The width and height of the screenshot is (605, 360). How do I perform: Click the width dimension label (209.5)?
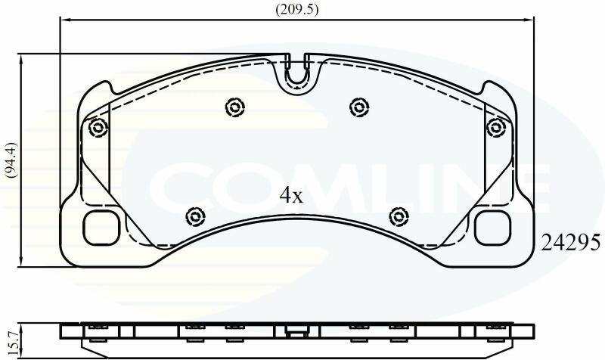pos(296,10)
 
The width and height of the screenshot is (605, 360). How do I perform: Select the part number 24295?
pos(571,243)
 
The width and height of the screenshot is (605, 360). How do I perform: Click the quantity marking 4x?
pos(292,195)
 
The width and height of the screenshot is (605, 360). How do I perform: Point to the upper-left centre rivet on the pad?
pos(235,107)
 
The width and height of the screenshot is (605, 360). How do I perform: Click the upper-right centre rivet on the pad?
pos(359,107)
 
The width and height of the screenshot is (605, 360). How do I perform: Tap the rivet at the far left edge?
pos(98,127)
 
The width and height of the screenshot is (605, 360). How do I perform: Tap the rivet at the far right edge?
pos(496,127)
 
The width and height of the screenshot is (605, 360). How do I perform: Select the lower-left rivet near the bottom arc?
pos(195,217)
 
